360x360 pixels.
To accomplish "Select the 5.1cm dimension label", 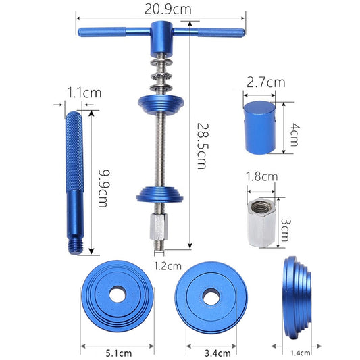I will [118, 351].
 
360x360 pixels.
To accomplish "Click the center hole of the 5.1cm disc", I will [118, 295].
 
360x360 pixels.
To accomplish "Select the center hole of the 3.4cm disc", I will [213, 294].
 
